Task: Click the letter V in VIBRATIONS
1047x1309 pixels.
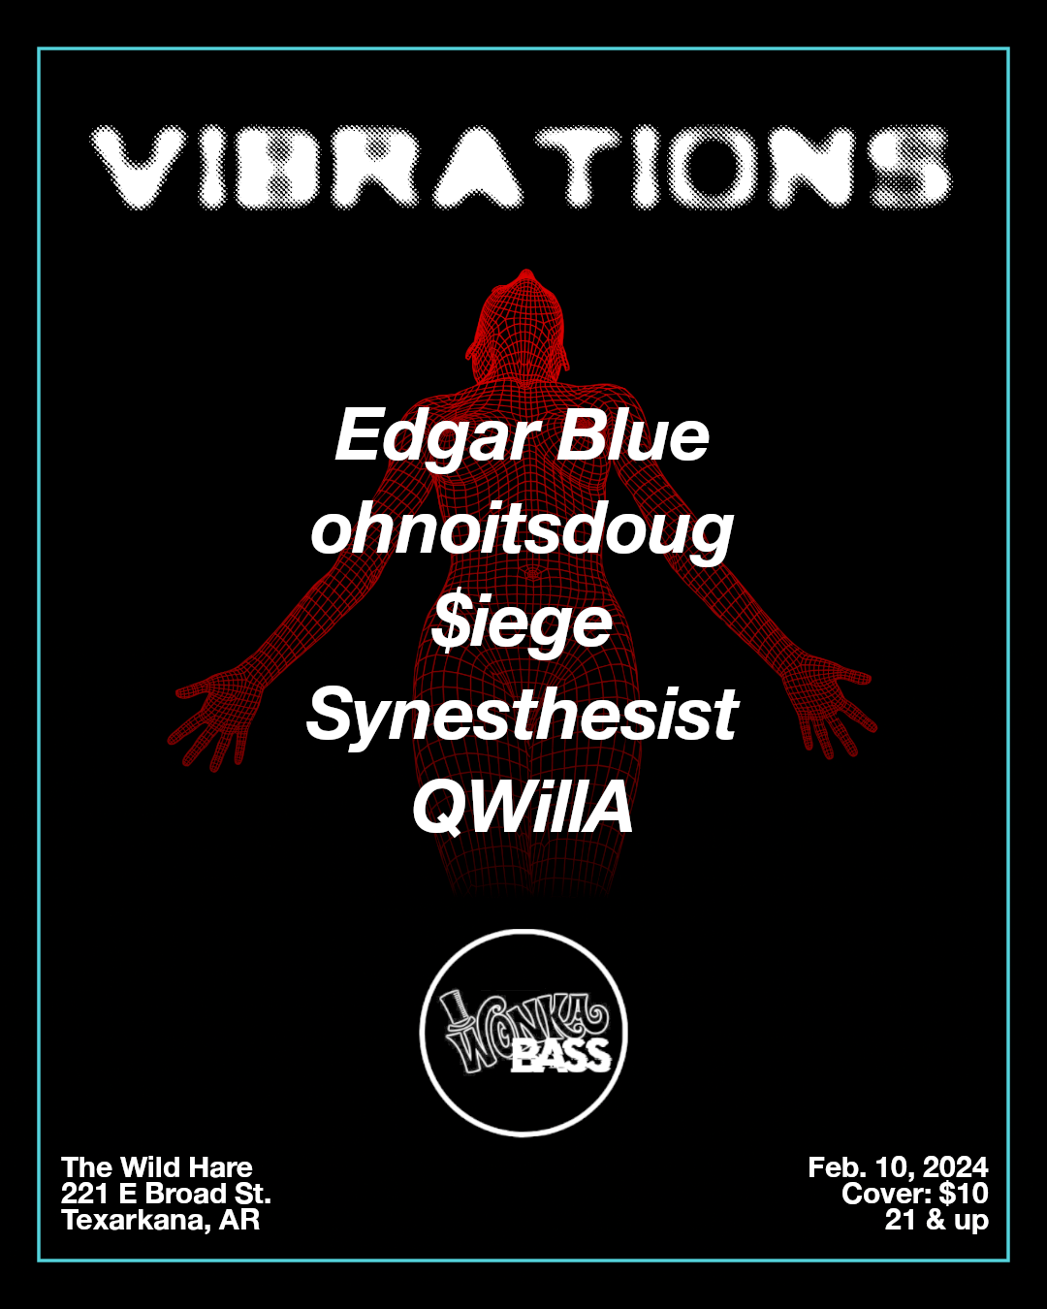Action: click(x=143, y=167)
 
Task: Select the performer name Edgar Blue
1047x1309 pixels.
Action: click(x=523, y=436)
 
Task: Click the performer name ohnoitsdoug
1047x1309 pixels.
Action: click(x=523, y=531)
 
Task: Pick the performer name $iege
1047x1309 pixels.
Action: click(x=523, y=623)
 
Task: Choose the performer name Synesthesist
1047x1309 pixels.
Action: click(x=523, y=716)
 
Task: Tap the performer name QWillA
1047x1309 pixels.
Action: click(x=523, y=808)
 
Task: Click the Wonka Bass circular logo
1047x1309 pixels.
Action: click(x=523, y=1033)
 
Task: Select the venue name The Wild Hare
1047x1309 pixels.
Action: click(x=157, y=1167)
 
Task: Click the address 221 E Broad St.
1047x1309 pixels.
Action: click(x=166, y=1194)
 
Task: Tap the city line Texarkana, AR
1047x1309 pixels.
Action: click(x=161, y=1220)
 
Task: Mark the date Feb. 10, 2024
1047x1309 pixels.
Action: click(x=898, y=1167)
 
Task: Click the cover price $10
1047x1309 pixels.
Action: click(x=964, y=1194)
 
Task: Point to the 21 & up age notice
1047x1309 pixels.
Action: click(x=936, y=1220)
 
